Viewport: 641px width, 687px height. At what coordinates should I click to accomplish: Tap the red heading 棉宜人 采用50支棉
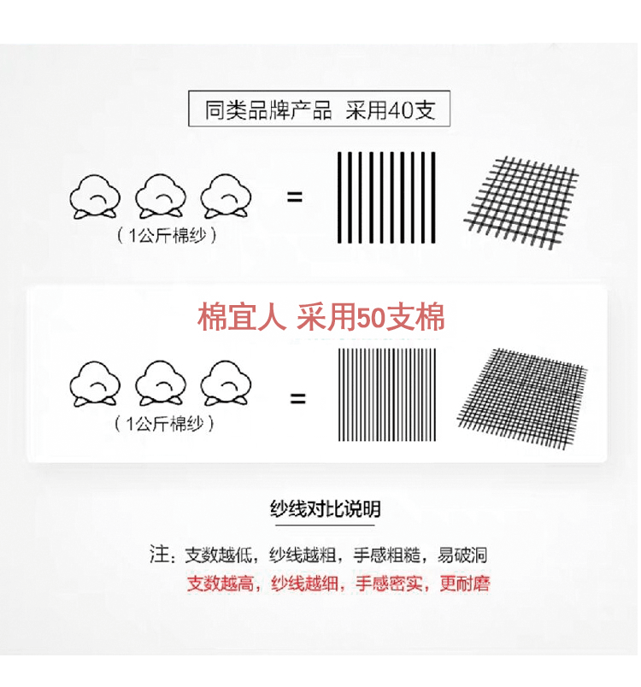point(321,318)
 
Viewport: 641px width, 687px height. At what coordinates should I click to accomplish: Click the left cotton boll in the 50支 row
point(96,383)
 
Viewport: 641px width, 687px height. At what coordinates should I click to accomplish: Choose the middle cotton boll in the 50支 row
point(162,383)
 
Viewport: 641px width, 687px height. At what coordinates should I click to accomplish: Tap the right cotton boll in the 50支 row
point(226,383)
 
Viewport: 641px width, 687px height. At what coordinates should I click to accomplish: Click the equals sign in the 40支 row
point(295,197)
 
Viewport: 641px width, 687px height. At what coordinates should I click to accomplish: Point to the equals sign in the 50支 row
point(297,397)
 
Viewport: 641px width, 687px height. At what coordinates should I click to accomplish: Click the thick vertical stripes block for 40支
point(386,197)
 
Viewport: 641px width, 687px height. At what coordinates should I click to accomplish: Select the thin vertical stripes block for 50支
point(387,394)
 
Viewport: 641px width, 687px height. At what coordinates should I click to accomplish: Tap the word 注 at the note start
point(159,555)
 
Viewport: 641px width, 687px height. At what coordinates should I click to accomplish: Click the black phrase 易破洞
point(462,555)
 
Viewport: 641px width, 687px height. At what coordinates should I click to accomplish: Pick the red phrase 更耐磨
point(465,584)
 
